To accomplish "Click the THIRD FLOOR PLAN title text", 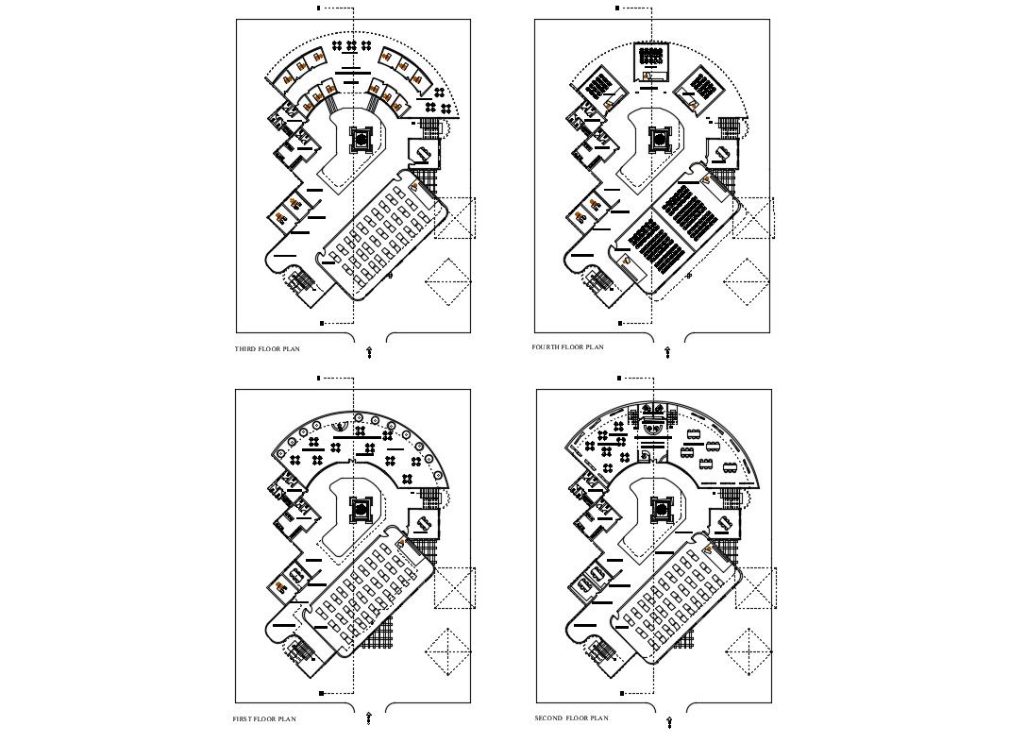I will pyautogui.click(x=267, y=349).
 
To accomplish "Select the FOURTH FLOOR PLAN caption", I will pyautogui.click(x=567, y=347).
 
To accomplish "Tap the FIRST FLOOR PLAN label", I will pyautogui.click(x=264, y=719).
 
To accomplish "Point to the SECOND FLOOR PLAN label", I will pyautogui.click(x=571, y=718).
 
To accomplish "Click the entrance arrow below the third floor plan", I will pyautogui.click(x=369, y=352).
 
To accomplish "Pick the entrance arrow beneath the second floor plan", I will pyautogui.click(x=668, y=722).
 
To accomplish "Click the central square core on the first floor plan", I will pyautogui.click(x=361, y=510).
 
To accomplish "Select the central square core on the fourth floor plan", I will pyautogui.click(x=661, y=140).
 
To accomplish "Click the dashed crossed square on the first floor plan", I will pyautogui.click(x=454, y=588).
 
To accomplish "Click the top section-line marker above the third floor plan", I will pyautogui.click(x=319, y=8).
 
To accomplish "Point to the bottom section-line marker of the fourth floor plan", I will pyautogui.click(x=622, y=323).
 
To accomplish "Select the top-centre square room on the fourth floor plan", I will pyautogui.click(x=650, y=60).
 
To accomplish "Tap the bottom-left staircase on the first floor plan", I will pyautogui.click(x=301, y=651).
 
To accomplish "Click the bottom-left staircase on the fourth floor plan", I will pyautogui.click(x=600, y=281).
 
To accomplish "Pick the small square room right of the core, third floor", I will pyautogui.click(x=422, y=152).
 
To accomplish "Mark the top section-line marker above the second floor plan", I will pyautogui.click(x=619, y=378).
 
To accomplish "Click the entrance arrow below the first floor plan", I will pyautogui.click(x=369, y=718).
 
